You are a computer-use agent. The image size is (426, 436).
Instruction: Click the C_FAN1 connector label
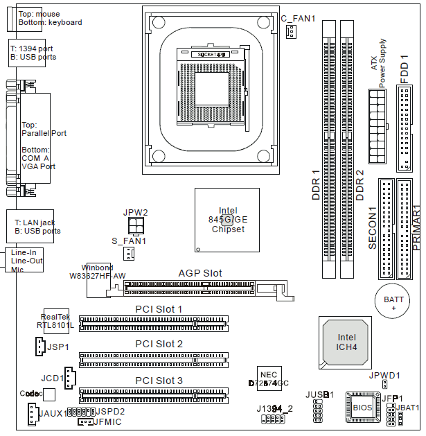click(298, 19)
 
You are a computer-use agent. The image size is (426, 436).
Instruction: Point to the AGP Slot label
click(200, 273)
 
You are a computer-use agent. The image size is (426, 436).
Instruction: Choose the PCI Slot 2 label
click(159, 344)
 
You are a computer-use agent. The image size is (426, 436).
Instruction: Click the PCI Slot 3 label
click(159, 381)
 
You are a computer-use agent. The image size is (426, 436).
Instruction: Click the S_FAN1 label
click(129, 241)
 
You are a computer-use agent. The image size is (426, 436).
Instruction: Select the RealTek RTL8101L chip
click(55, 321)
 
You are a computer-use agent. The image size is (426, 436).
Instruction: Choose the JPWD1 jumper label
click(384, 375)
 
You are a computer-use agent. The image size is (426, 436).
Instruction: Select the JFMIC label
click(107, 421)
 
